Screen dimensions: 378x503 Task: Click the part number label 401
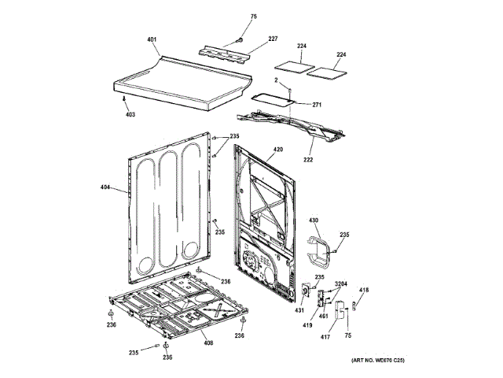click(x=152, y=39)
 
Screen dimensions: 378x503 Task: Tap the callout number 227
click(x=273, y=39)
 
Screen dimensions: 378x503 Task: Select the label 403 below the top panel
click(x=130, y=113)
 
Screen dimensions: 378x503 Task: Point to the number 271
click(x=295, y=105)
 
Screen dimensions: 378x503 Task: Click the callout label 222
click(x=308, y=160)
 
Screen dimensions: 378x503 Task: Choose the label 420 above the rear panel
click(x=277, y=150)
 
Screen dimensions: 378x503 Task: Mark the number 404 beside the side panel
click(x=106, y=188)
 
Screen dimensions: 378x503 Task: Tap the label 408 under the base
click(x=207, y=342)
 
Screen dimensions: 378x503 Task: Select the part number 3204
click(x=341, y=283)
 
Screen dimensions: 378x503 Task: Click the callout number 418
click(x=363, y=291)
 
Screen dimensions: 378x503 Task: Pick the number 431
click(x=299, y=311)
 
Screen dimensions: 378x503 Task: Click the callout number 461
click(x=324, y=317)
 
